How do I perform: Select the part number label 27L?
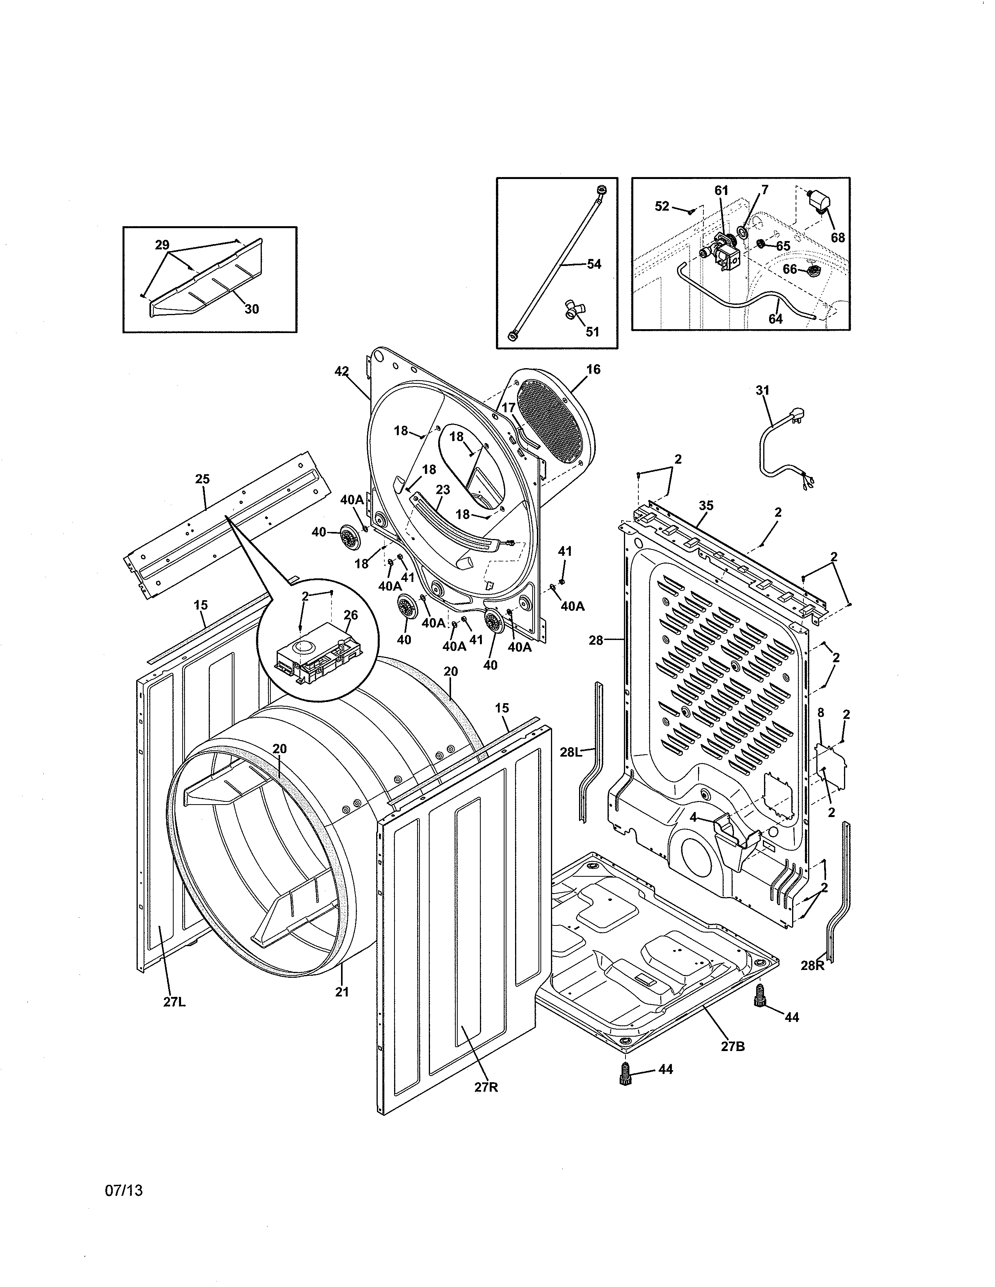[x=174, y=1002]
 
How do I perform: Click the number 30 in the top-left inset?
[x=252, y=309]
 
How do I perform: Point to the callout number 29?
[x=162, y=245]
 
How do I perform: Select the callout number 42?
[x=341, y=371]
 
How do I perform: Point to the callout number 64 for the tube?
[x=775, y=319]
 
